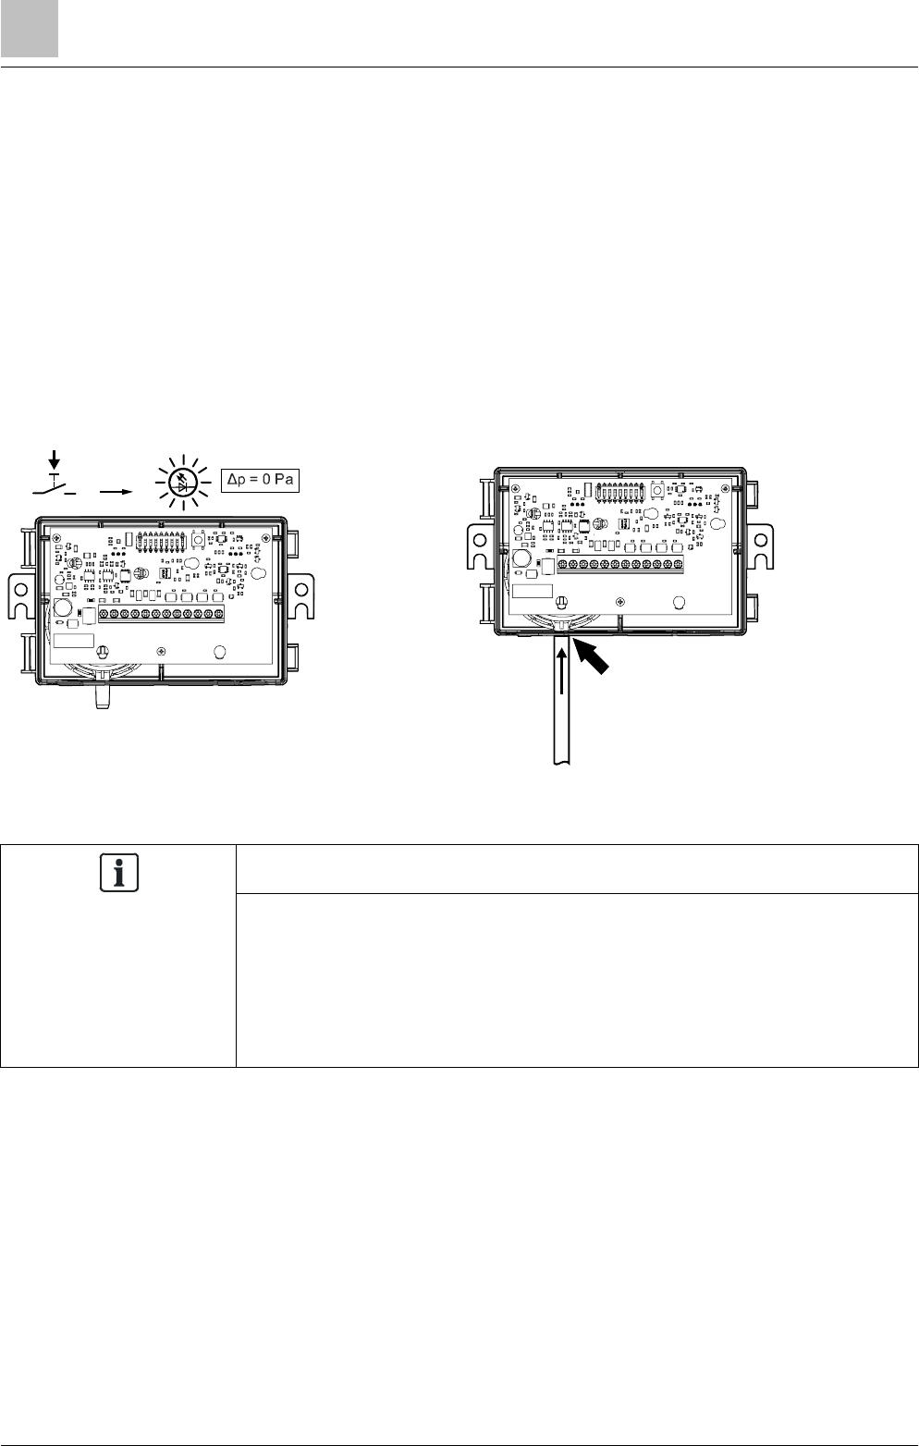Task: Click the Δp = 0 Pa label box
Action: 260,480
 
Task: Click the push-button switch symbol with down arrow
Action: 55,477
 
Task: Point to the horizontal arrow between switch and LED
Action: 116,491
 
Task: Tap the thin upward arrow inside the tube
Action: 561,670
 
